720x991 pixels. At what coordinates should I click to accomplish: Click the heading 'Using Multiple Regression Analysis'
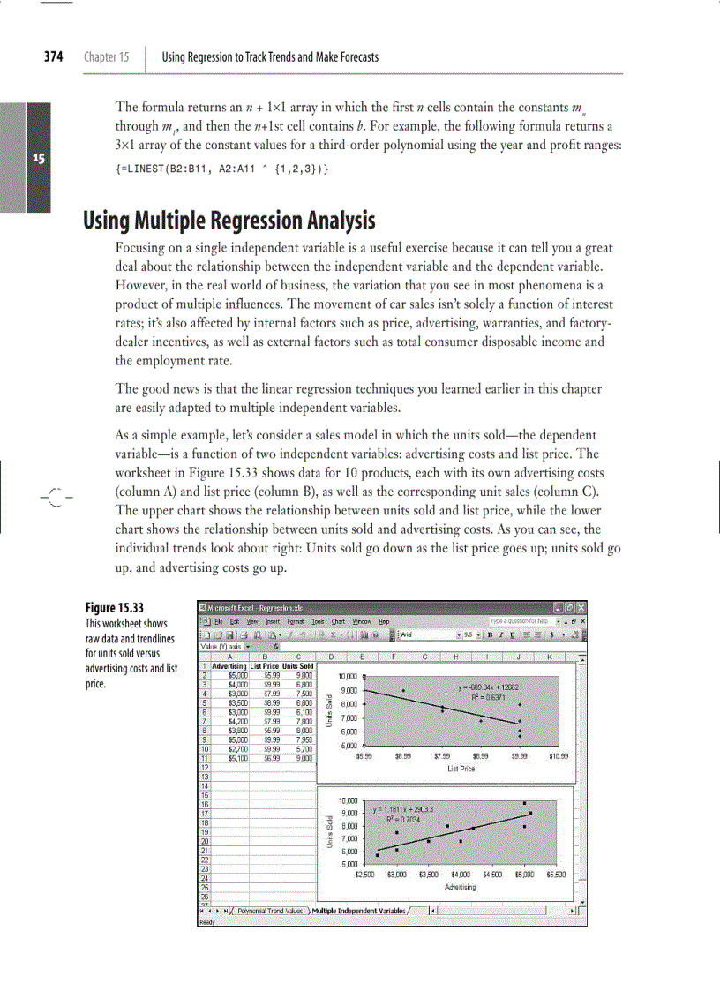229,220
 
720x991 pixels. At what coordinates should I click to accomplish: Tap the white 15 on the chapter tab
38,159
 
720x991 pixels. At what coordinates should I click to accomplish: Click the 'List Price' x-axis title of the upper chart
461,769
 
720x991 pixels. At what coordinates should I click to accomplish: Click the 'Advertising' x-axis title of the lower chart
461,886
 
